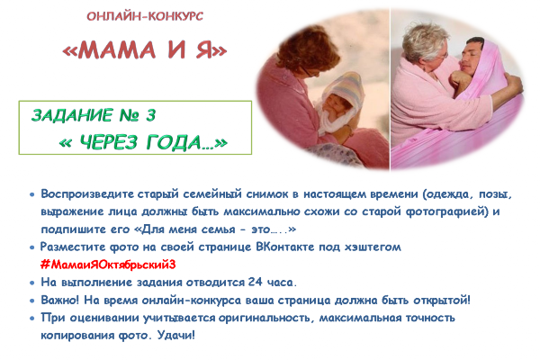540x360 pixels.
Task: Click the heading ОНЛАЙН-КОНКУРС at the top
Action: click(145, 16)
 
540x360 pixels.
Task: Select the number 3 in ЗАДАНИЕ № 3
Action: click(151, 115)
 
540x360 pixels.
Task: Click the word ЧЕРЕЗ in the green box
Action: click(109, 142)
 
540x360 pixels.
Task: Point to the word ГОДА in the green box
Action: click(175, 142)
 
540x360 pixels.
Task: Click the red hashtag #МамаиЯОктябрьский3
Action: click(108, 265)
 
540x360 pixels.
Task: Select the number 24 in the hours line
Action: click(256, 282)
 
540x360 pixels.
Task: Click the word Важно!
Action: click(60, 300)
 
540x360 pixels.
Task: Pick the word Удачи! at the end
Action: click(176, 335)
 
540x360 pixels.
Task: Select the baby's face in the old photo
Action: click(338, 103)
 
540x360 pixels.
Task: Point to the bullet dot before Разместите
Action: click(32, 247)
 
